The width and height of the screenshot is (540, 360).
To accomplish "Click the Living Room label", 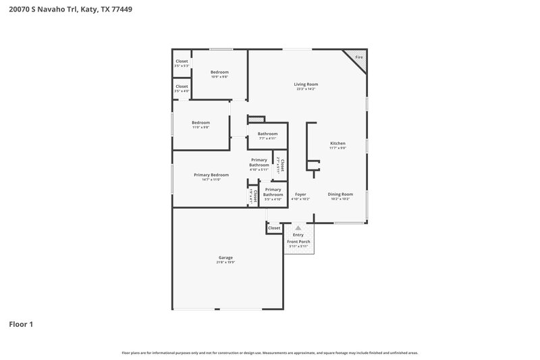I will pyautogui.click(x=306, y=84).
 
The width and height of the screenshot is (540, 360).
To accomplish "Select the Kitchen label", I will pyautogui.click(x=337, y=143).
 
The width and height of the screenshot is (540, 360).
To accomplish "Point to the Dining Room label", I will pyautogui.click(x=340, y=195).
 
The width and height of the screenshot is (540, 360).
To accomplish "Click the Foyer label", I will pyautogui.click(x=300, y=195).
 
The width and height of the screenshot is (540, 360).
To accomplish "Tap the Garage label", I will pyautogui.click(x=225, y=257).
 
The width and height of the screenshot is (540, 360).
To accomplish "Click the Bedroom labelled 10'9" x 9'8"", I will pyautogui.click(x=219, y=72).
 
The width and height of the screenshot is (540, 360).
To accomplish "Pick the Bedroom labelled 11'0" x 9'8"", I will pyautogui.click(x=200, y=123).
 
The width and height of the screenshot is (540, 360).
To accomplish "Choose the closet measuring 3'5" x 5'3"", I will pyautogui.click(x=182, y=61).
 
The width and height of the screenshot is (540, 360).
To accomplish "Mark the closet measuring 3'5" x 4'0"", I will pyautogui.click(x=182, y=86).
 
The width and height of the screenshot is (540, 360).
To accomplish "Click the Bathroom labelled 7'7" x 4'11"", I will pyautogui.click(x=267, y=134).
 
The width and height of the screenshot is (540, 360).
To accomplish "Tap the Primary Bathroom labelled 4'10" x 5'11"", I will pyautogui.click(x=259, y=163).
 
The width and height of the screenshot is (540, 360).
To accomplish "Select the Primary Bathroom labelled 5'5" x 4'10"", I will pyautogui.click(x=273, y=192).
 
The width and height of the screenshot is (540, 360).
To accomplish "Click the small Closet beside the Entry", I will pyautogui.click(x=274, y=228).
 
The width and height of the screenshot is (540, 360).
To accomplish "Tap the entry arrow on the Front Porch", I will pyautogui.click(x=298, y=228).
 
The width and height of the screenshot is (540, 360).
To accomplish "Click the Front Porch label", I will pyautogui.click(x=298, y=242).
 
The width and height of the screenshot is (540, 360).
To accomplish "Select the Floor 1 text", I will pyautogui.click(x=21, y=324).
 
